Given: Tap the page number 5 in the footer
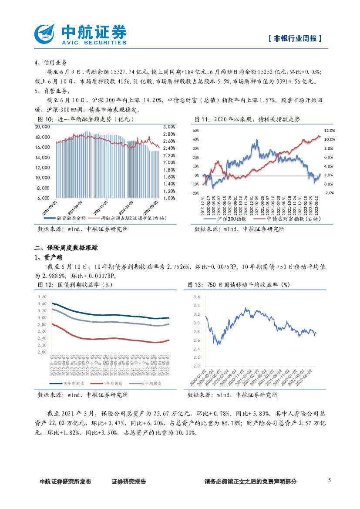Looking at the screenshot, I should coord(329,480).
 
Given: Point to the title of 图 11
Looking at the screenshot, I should coord(247,119).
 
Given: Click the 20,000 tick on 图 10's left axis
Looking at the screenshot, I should coord(43,127).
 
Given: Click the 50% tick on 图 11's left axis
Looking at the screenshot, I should coord(195,130).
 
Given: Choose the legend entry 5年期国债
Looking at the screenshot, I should coord(151,383).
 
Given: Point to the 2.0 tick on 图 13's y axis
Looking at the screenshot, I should coord(197,366).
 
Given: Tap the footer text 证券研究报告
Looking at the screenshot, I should coord(129,482).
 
